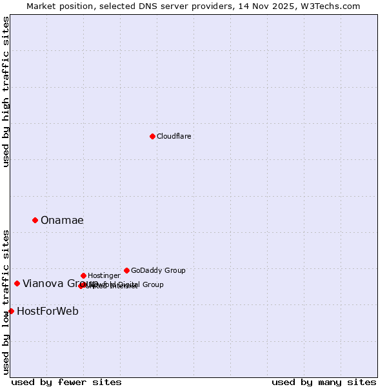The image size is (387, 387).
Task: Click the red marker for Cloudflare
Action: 152,136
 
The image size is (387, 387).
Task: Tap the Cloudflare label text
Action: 174,136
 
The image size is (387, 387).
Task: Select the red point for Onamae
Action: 35,220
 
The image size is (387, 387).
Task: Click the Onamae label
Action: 62,221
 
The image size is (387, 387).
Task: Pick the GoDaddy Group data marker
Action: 126,270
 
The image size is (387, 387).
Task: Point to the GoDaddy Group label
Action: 158,270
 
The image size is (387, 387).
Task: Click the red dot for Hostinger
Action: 83,275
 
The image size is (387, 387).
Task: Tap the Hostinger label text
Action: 104,275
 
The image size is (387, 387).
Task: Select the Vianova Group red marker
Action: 17,283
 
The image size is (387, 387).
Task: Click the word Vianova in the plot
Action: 43,284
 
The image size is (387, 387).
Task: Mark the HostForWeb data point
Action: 11,311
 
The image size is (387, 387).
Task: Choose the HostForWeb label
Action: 48,312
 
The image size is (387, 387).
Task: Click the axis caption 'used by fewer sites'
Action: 66,382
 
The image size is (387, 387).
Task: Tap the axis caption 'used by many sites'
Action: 324,382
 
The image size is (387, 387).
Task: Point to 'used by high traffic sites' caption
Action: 6,92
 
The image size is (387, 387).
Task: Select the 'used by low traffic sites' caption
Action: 6,302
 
